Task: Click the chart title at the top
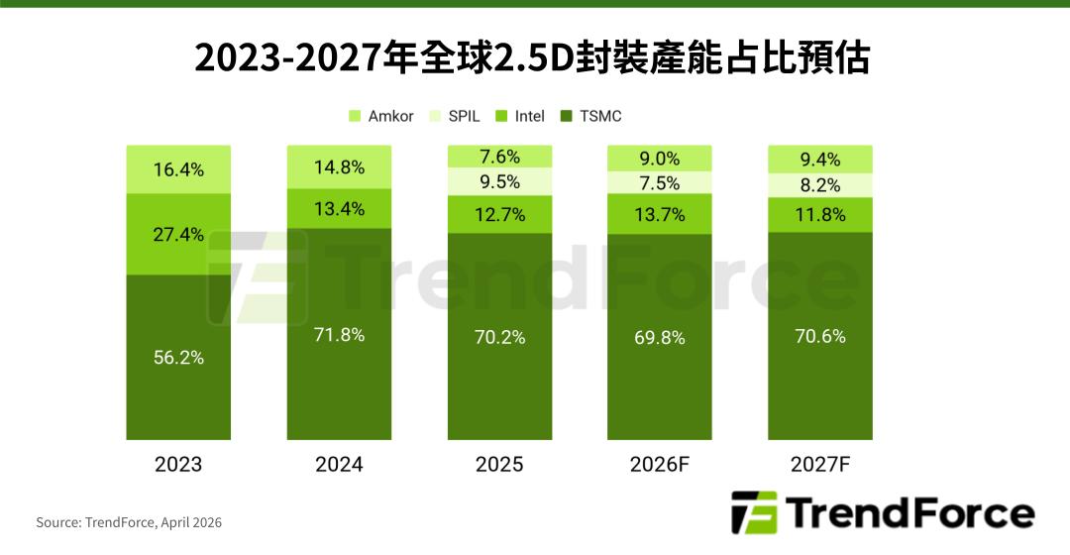tap(532, 58)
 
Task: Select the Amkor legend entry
tap(380, 116)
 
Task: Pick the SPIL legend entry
tap(455, 116)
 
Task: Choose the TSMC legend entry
tap(591, 116)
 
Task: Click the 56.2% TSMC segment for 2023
tap(178, 357)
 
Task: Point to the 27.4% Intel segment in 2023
tap(178, 235)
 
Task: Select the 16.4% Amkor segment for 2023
tap(178, 169)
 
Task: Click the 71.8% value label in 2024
tap(340, 335)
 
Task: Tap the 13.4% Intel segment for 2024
tap(340, 208)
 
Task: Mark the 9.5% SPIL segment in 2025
tap(499, 182)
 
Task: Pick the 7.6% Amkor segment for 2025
tap(499, 158)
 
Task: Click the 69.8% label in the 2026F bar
tap(659, 338)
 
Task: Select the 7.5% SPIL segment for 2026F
tap(659, 183)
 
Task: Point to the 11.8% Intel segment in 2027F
tap(820, 214)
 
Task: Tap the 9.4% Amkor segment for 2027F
tap(820, 160)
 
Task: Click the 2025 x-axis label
tap(499, 465)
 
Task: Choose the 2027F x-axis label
tap(820, 465)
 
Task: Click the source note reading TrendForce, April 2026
tap(129, 522)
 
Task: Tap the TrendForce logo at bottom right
tap(883, 513)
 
